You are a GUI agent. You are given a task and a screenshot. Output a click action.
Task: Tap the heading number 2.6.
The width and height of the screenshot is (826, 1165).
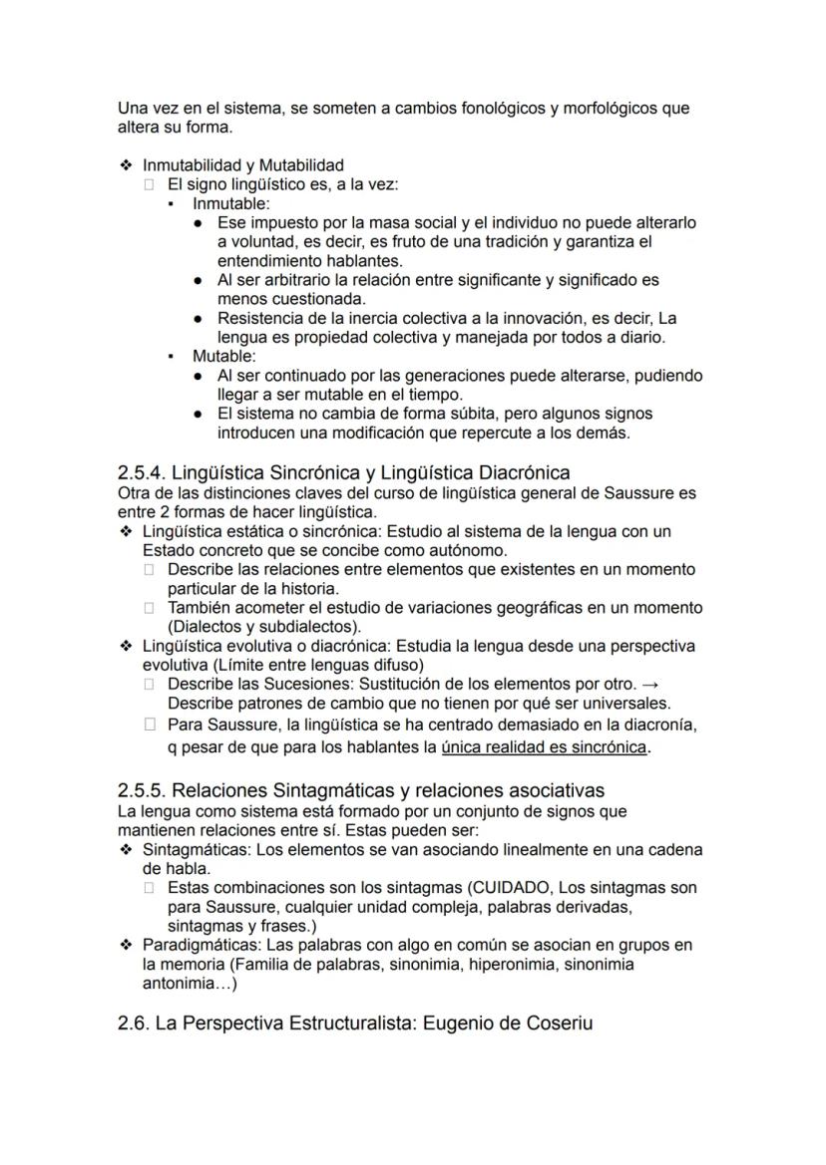(133, 1022)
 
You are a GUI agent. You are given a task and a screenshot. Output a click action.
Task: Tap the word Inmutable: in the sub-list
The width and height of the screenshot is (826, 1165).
(230, 203)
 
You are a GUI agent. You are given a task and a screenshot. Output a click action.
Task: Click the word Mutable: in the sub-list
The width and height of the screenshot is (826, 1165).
(223, 356)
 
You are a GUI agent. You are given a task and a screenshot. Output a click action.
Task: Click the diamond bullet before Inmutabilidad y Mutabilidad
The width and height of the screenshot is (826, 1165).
(125, 165)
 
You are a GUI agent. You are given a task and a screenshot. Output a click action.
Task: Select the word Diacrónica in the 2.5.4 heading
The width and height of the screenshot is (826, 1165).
(526, 472)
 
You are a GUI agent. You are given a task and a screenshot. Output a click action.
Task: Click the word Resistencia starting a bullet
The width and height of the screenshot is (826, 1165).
(262, 319)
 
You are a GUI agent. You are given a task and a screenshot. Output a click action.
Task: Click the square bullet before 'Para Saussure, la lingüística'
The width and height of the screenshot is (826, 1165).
(150, 725)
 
